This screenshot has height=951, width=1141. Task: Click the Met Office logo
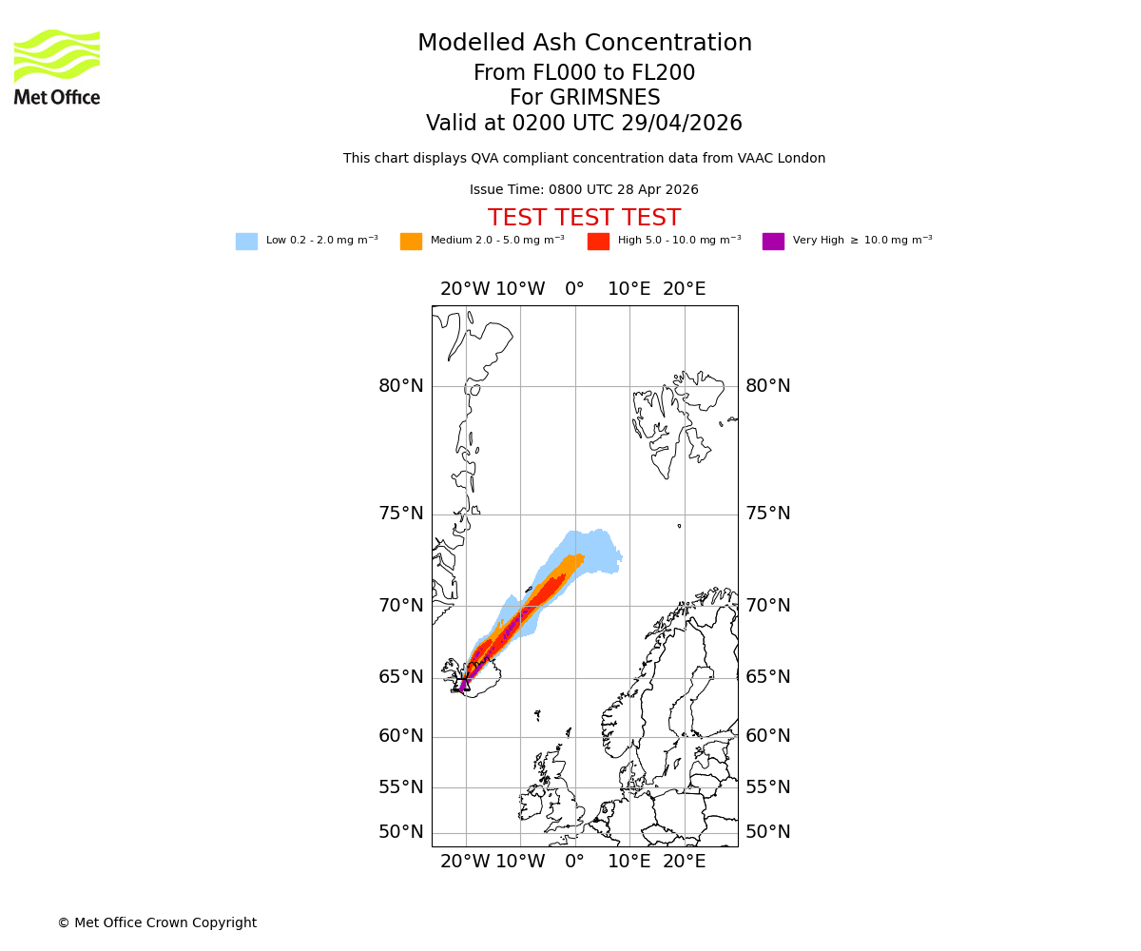pyautogui.click(x=57, y=67)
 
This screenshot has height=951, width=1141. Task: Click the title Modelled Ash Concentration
pyautogui.click(x=584, y=44)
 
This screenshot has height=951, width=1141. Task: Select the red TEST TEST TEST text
pyautogui.click(x=584, y=219)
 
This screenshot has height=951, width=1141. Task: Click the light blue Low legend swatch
pyautogui.click(x=246, y=242)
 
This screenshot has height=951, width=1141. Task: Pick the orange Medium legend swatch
pyautogui.click(x=411, y=242)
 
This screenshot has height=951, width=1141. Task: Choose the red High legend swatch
pyautogui.click(x=598, y=242)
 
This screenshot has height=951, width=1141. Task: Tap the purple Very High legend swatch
pyautogui.click(x=773, y=242)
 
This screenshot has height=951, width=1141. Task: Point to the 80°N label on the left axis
pyautogui.click(x=401, y=386)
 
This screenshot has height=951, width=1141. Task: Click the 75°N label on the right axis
pyautogui.click(x=768, y=514)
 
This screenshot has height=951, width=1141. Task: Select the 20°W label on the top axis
pyautogui.click(x=465, y=289)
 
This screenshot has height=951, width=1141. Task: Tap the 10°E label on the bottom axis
pyautogui.click(x=629, y=863)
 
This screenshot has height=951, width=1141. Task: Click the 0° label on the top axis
pyautogui.click(x=574, y=289)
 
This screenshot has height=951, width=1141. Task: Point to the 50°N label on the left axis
pyautogui.click(x=401, y=832)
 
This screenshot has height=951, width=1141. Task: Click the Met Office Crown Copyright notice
pyautogui.click(x=157, y=923)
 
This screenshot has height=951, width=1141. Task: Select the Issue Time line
pyautogui.click(x=584, y=190)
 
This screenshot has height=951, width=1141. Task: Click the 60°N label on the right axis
pyautogui.click(x=768, y=736)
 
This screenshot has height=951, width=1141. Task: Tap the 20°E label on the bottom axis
pyautogui.click(x=684, y=863)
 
